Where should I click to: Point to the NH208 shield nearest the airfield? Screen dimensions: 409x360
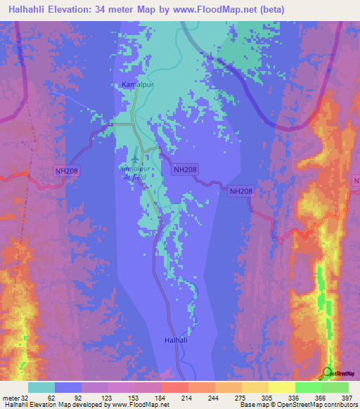pyautogui.click(x=185, y=169)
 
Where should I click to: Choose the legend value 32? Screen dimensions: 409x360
pyautogui.click(x=26, y=397)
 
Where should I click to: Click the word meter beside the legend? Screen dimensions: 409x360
pyautogui.click(x=10, y=397)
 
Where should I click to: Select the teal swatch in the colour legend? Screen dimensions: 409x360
pyautogui.click(x=41, y=387)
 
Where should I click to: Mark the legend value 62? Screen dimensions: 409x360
pyautogui.click(x=50, y=397)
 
